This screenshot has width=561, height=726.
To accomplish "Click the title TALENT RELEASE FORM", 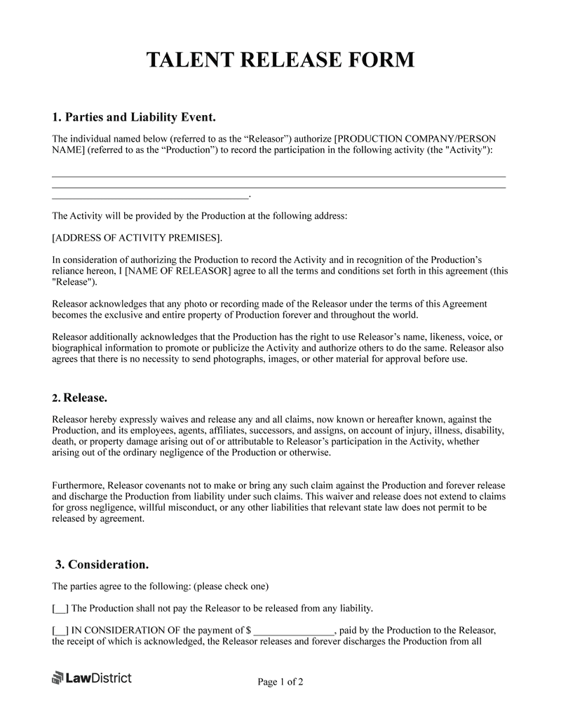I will (280, 60).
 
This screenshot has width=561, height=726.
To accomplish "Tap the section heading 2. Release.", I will (80, 398).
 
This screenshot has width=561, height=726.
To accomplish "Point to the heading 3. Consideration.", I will (102, 565).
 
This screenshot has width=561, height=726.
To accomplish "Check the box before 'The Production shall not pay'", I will (60, 608).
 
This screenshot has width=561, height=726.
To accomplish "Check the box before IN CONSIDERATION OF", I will (60, 630).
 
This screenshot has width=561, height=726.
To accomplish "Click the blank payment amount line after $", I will (295, 630).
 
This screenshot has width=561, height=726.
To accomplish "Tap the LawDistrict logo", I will (92, 678).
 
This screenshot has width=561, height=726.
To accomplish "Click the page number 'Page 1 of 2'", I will (280, 681).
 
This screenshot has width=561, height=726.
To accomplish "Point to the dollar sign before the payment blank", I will (247, 630).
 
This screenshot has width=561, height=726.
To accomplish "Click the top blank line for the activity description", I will (279, 175).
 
